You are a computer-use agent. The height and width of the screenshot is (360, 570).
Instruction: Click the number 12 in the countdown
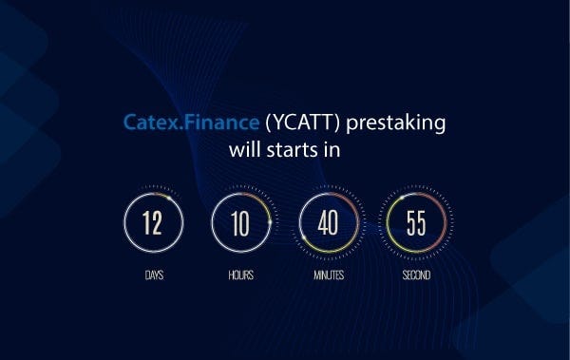[x=153, y=224]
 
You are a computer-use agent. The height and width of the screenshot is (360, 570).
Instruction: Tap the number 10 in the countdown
[x=240, y=224]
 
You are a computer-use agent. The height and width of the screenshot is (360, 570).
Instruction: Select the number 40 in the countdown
[x=328, y=224]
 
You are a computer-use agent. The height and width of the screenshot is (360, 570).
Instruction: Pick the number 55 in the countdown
[x=416, y=224]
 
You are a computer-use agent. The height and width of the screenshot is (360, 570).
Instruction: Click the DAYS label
[x=153, y=275]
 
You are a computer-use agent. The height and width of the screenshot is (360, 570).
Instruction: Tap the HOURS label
[x=240, y=275]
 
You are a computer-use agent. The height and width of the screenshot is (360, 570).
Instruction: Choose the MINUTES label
[x=328, y=275]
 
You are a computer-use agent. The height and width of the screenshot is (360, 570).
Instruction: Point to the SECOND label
[x=416, y=275]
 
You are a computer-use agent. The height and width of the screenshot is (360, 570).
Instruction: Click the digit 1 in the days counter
[x=147, y=224]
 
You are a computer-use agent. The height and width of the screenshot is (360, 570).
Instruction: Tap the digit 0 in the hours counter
[x=245, y=224]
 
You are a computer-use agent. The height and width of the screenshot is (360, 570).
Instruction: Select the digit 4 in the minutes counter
[x=323, y=224]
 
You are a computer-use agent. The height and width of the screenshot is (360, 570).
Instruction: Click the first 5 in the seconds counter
[x=411, y=224]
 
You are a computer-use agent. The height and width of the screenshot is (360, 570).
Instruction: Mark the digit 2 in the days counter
[x=158, y=224]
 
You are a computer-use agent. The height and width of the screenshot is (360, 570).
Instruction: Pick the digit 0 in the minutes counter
[x=333, y=224]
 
